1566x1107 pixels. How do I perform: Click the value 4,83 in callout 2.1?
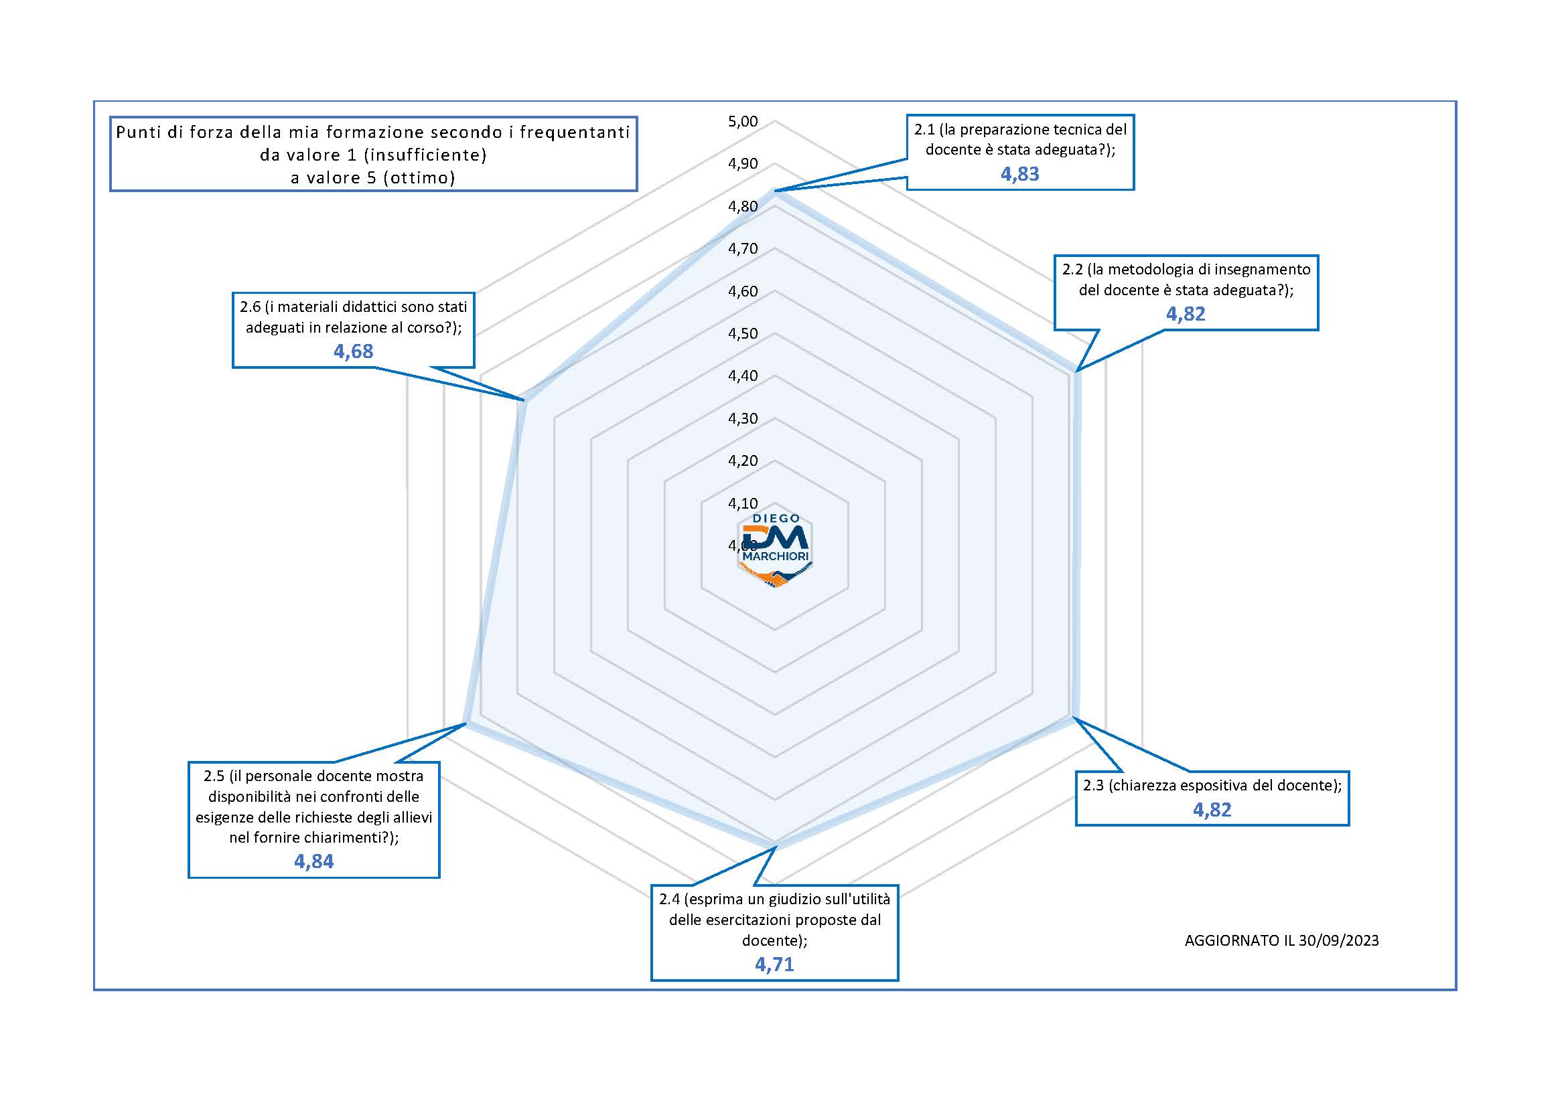pos(1019,174)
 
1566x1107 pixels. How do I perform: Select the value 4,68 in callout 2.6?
pos(353,351)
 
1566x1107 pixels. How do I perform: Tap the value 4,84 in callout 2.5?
pos(313,861)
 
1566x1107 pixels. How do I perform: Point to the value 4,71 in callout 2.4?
pos(774,964)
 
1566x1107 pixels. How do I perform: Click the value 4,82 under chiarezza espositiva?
pos(1212,810)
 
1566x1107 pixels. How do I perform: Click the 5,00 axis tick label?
pos(743,121)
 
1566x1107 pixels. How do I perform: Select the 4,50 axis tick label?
pos(743,333)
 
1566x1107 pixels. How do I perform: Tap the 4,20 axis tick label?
pos(743,460)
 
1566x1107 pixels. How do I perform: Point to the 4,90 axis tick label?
pos(743,163)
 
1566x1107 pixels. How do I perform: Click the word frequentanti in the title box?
pos(573,133)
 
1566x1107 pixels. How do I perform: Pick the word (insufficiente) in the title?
pos(424,155)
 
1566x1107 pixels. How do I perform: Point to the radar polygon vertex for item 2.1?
pos(775,191)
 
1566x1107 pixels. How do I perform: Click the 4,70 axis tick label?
pos(743,249)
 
